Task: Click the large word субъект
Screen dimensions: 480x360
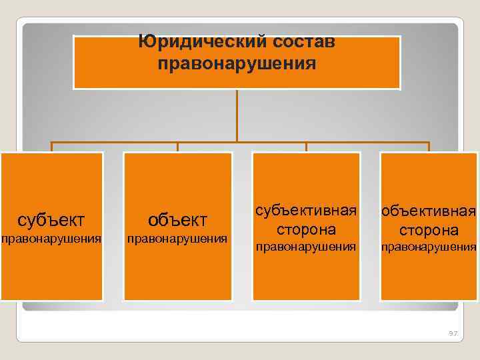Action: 51,219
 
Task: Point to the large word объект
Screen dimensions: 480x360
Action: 177,219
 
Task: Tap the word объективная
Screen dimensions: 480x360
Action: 429,212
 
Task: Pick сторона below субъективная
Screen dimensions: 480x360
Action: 306,229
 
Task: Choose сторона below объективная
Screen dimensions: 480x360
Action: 429,230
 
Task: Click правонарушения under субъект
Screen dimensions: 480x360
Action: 51,239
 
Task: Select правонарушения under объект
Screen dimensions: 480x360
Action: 177,239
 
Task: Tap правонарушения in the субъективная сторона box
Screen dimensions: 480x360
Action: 306,247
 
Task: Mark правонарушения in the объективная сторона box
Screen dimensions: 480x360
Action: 429,247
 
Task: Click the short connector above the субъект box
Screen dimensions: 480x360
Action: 52,147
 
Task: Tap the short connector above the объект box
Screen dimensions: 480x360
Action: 177,147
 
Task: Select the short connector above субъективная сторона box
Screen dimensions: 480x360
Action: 306,147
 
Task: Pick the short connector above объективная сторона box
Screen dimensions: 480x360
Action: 429,147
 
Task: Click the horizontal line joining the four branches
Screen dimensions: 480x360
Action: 113,142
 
